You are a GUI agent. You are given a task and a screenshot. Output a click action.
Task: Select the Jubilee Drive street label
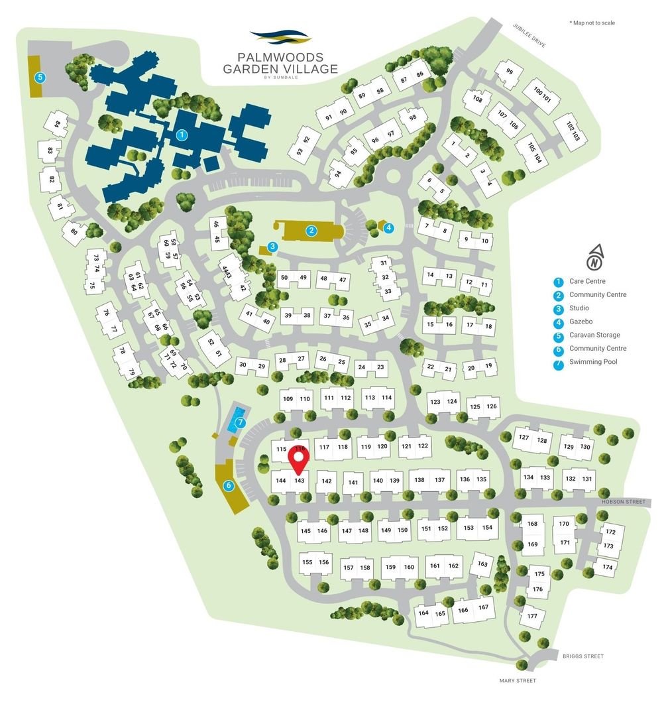pyautogui.click(x=529, y=34)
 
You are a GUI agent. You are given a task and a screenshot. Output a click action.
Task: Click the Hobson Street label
pyautogui.click(x=623, y=502)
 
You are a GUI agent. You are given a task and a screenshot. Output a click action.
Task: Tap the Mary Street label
pyautogui.click(x=517, y=681)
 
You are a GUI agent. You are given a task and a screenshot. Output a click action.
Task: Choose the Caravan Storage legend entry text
pyautogui.click(x=594, y=335)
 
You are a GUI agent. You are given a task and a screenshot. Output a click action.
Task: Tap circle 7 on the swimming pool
pyautogui.click(x=241, y=422)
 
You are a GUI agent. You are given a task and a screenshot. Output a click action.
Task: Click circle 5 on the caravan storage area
pyautogui.click(x=40, y=77)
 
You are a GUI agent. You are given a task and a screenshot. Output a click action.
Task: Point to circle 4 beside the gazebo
pyautogui.click(x=389, y=227)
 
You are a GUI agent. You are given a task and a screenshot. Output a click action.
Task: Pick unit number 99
pyautogui.click(x=509, y=72)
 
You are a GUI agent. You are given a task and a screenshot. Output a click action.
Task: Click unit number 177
pyautogui.click(x=532, y=616)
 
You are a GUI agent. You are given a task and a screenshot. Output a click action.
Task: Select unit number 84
pyautogui.click(x=58, y=125)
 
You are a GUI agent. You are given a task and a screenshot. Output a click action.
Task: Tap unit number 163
pyautogui.click(x=482, y=564)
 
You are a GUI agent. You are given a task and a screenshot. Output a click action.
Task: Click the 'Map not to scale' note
pyautogui.click(x=592, y=23)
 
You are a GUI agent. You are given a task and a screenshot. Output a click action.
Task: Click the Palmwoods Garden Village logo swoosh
pyautogui.click(x=280, y=37)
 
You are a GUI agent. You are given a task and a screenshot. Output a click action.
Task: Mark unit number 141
pyautogui.click(x=353, y=483)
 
